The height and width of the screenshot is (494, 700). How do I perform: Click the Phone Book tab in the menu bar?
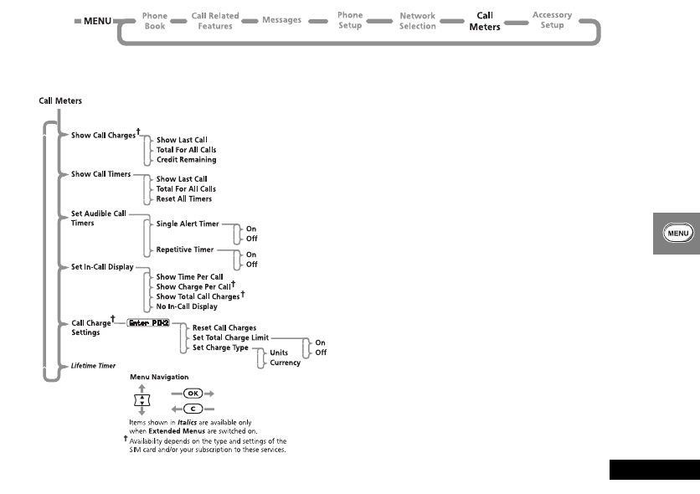click(155, 20)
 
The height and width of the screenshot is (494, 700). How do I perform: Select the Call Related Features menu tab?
click(214, 20)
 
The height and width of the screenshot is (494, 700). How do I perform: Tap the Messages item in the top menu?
click(281, 20)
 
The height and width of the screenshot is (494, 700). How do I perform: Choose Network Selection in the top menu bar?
click(417, 20)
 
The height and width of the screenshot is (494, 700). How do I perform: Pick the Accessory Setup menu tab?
click(552, 20)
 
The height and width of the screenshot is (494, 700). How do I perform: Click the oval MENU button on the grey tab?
click(677, 234)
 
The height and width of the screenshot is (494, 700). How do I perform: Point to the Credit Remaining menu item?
click(186, 159)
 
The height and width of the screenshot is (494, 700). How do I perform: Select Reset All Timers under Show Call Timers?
click(184, 198)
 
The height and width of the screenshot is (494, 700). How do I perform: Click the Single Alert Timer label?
click(188, 224)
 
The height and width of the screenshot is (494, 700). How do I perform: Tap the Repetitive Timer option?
click(186, 250)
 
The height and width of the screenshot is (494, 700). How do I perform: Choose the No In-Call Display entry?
click(187, 306)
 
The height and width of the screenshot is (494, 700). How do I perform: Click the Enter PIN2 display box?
click(148, 322)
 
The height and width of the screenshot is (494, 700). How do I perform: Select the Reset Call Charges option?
click(224, 327)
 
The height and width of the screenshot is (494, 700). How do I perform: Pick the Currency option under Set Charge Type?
click(286, 363)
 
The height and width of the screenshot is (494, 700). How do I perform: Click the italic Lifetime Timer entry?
click(93, 366)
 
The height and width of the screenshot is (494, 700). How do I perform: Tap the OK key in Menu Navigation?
click(192, 392)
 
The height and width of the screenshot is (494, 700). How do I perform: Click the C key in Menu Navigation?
click(192, 407)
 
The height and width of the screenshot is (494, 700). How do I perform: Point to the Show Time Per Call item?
click(189, 276)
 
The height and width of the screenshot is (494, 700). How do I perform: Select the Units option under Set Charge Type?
click(280, 352)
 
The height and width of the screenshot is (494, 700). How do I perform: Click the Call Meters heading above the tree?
click(60, 100)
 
